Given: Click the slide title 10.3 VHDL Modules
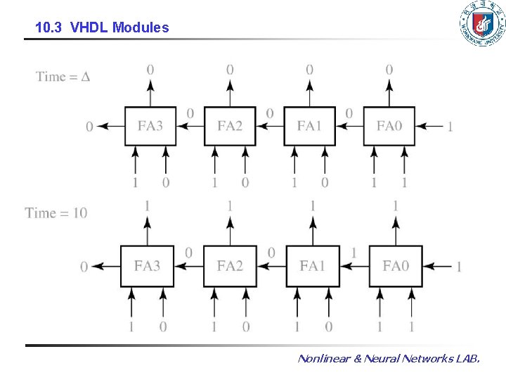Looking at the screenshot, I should pyautogui.click(x=102, y=27).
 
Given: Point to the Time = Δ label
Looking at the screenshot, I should pyautogui.click(x=63, y=77).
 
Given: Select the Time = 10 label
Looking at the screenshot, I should pyautogui.click(x=56, y=213).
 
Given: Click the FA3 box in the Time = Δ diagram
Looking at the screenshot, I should pyautogui.click(x=150, y=127).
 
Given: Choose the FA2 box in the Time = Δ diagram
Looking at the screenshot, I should pyautogui.click(x=230, y=127).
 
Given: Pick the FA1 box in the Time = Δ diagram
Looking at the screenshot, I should pyautogui.click(x=309, y=127).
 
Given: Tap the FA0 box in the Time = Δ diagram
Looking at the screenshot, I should pyautogui.click(x=389, y=127).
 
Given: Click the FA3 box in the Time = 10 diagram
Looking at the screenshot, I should pyautogui.click(x=147, y=266).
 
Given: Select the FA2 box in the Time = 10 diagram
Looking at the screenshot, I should pyautogui.click(x=230, y=266).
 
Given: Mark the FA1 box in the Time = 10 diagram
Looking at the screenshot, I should pyautogui.click(x=313, y=266).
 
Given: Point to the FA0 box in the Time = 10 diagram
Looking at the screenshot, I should pyautogui.click(x=396, y=266).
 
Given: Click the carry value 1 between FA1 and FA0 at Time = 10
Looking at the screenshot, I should pyautogui.click(x=353, y=253).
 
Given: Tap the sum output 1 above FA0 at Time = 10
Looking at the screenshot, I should pyautogui.click(x=396, y=205).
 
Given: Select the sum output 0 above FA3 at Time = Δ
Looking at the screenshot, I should pyautogui.click(x=150, y=70).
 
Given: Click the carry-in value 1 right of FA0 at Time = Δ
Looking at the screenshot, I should pyautogui.click(x=450, y=127).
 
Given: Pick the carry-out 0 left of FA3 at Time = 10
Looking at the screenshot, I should pyautogui.click(x=84, y=267).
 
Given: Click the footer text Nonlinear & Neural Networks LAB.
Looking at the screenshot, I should pyautogui.click(x=389, y=358).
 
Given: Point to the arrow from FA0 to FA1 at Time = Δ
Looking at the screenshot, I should pyautogui.click(x=349, y=127).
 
